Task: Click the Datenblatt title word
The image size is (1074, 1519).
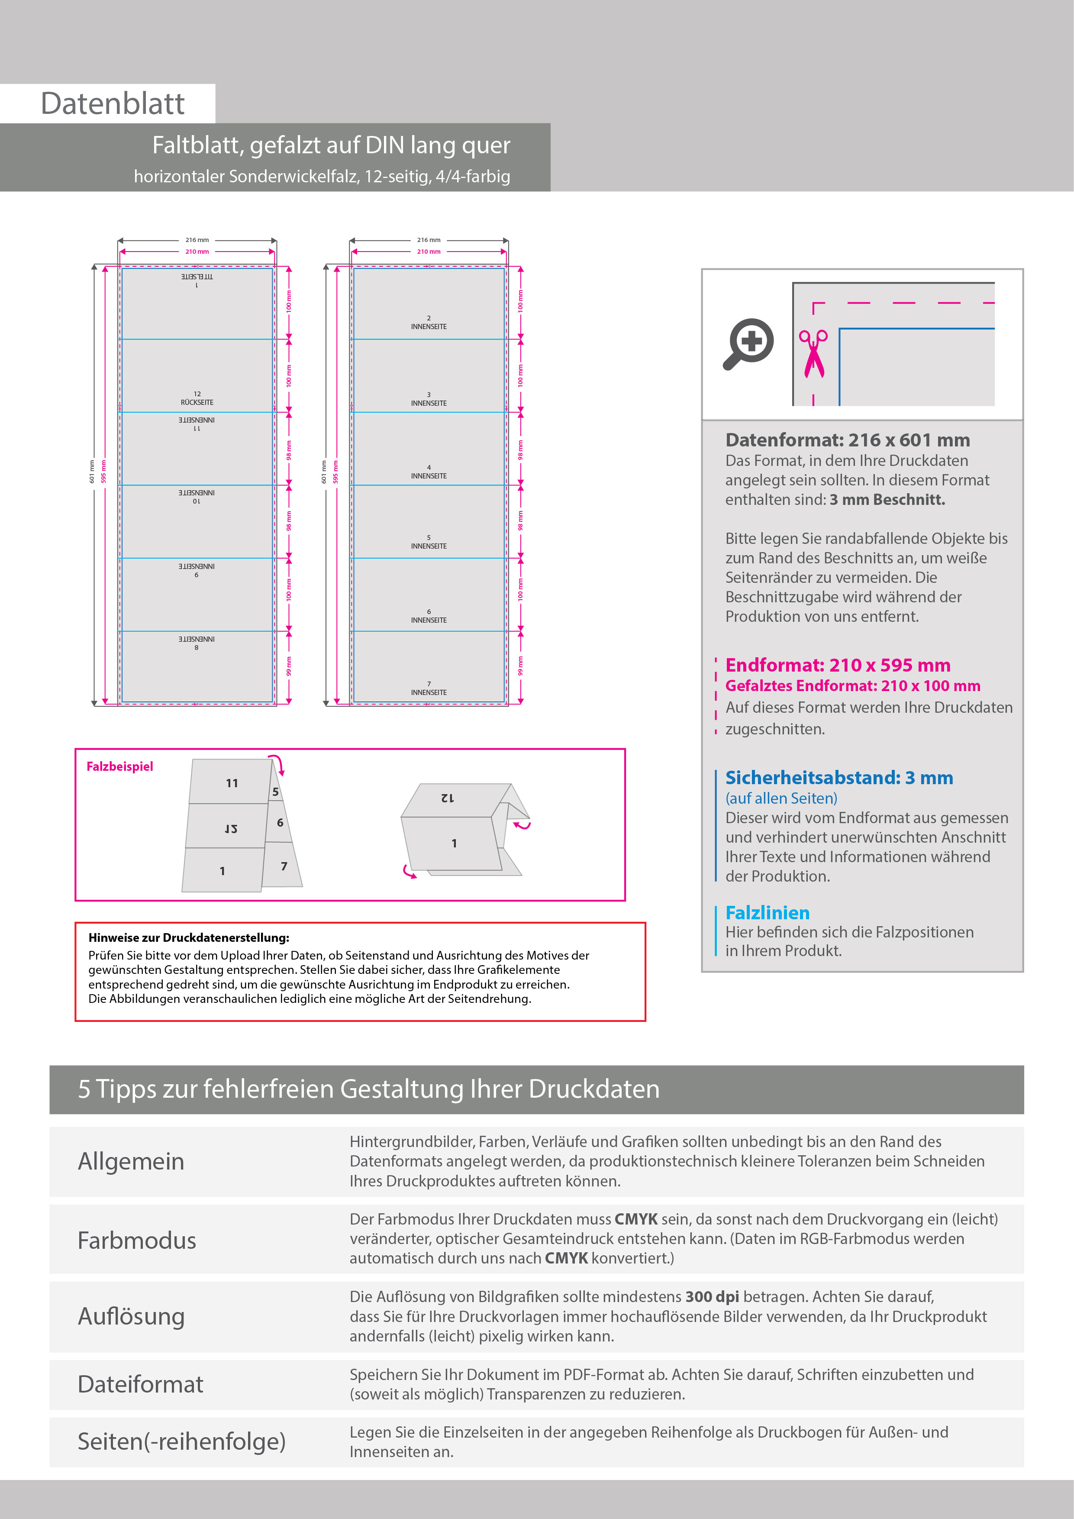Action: click(x=113, y=104)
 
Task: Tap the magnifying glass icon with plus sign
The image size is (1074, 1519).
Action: click(x=748, y=343)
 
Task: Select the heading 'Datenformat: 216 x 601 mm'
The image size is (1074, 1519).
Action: click(x=847, y=440)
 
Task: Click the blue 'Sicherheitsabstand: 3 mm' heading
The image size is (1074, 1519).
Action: click(x=839, y=777)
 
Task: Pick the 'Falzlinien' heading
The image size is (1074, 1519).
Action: click(x=767, y=913)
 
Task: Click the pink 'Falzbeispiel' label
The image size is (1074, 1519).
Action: click(x=120, y=766)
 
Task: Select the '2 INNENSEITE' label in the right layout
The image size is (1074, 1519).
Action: click(x=429, y=323)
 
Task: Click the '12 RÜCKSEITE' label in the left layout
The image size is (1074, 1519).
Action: click(x=197, y=398)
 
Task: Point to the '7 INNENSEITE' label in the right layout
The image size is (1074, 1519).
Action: click(x=429, y=689)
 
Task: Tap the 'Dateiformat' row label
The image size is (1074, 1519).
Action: click(x=140, y=1384)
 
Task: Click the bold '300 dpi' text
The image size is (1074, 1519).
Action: click(x=712, y=1297)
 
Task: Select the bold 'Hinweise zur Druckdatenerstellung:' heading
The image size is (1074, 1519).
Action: click(x=188, y=937)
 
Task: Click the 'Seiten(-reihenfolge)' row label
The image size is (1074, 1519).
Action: click(x=181, y=1441)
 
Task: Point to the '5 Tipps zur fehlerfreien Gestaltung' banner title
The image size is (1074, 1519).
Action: click(x=368, y=1089)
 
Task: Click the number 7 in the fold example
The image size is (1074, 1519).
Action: click(x=284, y=866)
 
